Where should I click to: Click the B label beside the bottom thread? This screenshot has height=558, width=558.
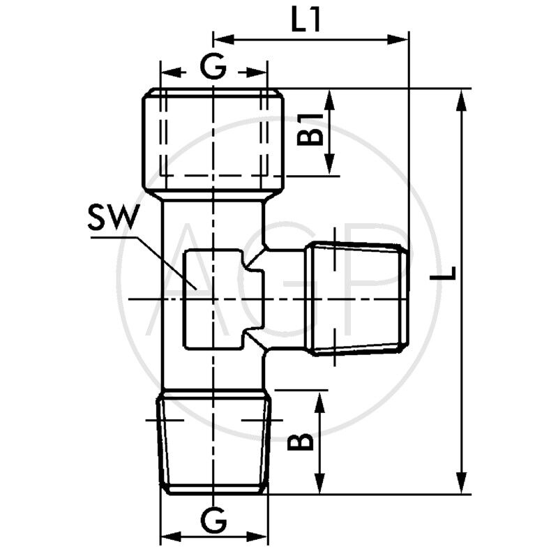pyautogui.click(x=301, y=442)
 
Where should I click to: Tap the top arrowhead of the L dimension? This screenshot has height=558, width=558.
pyautogui.click(x=460, y=98)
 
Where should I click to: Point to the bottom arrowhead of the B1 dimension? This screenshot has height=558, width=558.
pyautogui.click(x=329, y=167)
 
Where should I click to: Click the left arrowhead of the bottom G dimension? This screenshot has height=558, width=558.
pyautogui.click(x=169, y=536)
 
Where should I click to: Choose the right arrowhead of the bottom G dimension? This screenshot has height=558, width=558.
pyautogui.click(x=261, y=536)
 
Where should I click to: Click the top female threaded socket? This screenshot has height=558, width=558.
pyautogui.click(x=213, y=139)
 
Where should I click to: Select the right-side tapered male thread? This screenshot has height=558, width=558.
pyautogui.click(x=356, y=299)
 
